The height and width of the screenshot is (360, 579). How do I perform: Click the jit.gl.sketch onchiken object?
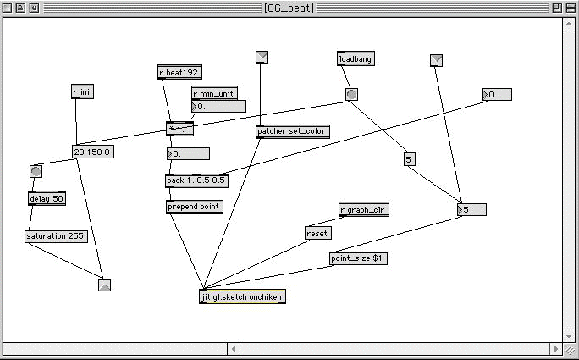click(242, 296)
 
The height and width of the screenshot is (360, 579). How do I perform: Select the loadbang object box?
click(356, 59)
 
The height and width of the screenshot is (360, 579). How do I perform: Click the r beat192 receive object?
click(180, 73)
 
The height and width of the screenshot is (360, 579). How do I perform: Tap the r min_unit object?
click(214, 93)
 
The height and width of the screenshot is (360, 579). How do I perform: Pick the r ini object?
click(82, 92)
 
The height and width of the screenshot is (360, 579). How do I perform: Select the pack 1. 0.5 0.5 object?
click(197, 180)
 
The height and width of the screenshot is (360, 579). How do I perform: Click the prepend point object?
click(195, 207)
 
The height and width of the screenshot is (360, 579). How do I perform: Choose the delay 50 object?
click(47, 198)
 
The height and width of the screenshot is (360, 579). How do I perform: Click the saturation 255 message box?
click(56, 236)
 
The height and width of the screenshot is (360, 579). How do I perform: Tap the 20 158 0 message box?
click(93, 152)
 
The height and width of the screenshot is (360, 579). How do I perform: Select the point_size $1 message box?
click(359, 258)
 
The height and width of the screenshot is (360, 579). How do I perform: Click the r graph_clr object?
click(363, 210)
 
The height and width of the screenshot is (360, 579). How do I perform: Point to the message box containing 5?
click(409, 159)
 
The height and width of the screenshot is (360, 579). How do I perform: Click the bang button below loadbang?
click(351, 94)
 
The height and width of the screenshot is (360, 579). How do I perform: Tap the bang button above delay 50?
click(36, 172)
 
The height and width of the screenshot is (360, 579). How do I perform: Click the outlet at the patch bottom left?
click(104, 285)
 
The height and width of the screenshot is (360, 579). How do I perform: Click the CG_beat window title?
click(289, 8)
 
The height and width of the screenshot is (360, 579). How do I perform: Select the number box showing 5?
click(472, 209)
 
